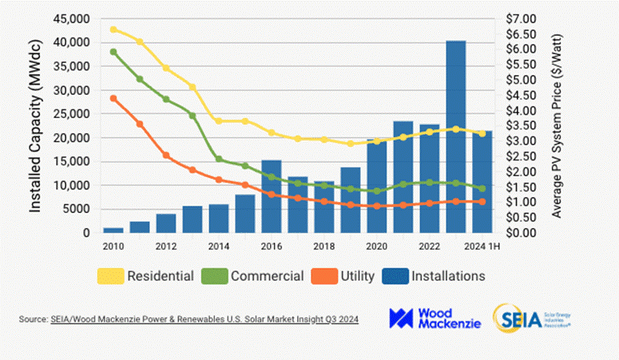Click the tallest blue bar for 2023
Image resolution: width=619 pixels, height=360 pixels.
pos(455,136)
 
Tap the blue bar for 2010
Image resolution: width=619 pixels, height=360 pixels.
pos(113,230)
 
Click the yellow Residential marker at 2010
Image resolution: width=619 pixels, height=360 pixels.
pos(113,30)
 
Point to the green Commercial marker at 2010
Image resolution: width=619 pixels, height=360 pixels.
pos(113,52)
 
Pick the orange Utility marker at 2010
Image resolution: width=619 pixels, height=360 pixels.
pos(113,98)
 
